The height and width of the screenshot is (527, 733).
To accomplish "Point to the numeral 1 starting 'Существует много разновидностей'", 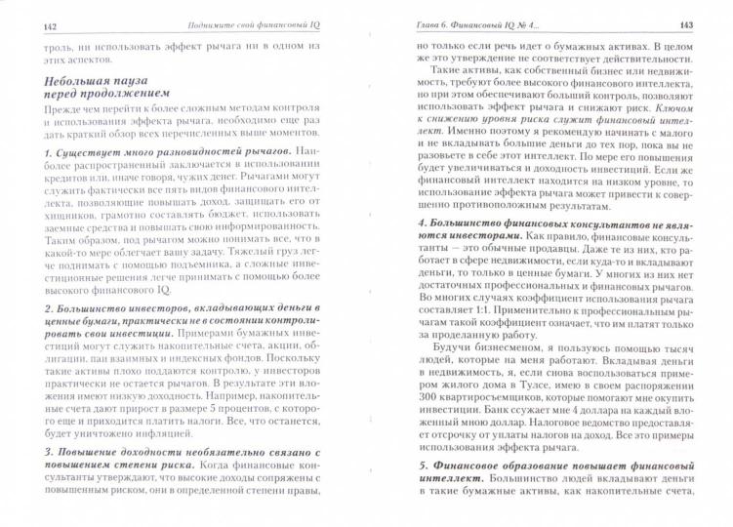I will coord(34,152).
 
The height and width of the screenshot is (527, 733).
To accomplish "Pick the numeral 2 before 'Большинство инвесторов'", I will coord(34,310).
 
